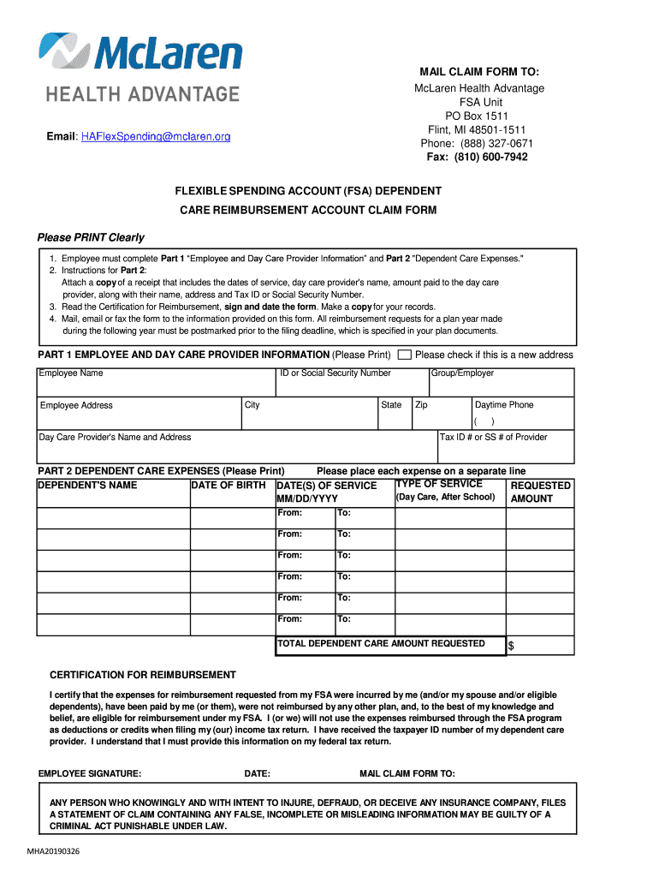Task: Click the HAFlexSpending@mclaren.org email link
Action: point(156,137)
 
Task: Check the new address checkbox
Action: point(406,355)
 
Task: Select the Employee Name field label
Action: point(71,373)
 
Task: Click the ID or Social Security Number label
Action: point(335,373)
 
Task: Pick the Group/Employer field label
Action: point(462,373)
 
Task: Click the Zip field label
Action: point(421,404)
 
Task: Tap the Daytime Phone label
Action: point(504,404)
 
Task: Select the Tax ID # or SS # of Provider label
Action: point(493,437)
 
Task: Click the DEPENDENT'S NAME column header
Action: point(87,486)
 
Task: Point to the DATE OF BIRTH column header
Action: point(229,486)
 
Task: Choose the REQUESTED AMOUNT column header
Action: point(540,492)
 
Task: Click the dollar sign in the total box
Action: point(512,646)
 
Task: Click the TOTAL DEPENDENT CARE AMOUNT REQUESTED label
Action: point(381,643)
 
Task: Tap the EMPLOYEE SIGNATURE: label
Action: point(90,773)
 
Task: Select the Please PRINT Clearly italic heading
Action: point(91,237)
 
